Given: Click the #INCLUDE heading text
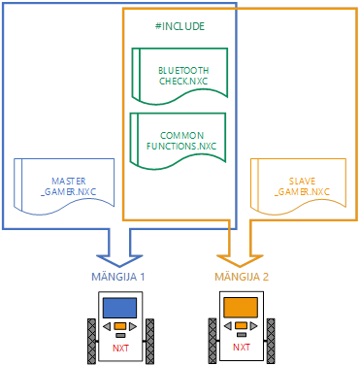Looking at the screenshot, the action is [x=180, y=26].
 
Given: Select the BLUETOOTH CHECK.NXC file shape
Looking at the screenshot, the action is [x=180, y=77].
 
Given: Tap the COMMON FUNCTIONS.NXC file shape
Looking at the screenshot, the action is [x=178, y=141].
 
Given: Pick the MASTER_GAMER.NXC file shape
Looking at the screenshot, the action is [x=64, y=186].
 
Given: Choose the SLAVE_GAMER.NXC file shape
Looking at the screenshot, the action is [x=299, y=186].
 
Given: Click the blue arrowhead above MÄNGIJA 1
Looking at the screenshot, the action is [x=119, y=260].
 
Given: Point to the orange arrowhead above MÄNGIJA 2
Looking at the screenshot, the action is [x=240, y=260].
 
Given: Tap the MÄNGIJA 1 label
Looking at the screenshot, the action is [x=118, y=277].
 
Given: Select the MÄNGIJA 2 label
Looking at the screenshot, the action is [x=242, y=277].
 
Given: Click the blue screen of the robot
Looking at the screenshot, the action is [x=119, y=308].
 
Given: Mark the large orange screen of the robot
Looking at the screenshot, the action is [x=241, y=308].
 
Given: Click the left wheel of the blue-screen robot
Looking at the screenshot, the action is [x=91, y=342].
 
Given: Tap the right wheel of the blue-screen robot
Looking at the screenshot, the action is [x=149, y=342].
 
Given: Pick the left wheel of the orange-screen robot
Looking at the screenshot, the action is [x=213, y=341].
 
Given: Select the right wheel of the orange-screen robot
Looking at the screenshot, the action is [x=271, y=341].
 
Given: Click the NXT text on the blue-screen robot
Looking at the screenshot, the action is [x=120, y=349].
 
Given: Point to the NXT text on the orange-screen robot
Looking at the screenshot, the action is [x=242, y=348].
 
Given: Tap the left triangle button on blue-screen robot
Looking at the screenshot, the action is [x=107, y=326].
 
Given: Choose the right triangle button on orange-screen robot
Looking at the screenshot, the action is [x=254, y=326].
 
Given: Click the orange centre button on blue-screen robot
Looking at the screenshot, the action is [x=120, y=326].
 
